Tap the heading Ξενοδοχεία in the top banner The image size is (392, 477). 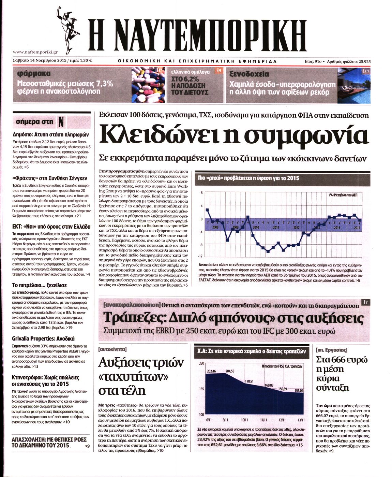[x=249, y=74]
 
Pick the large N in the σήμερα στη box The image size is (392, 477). [x=61, y=122]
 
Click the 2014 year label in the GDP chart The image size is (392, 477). [x=337, y=227]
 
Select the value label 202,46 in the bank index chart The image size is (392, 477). [x=211, y=371]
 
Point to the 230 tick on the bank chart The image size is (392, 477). [x=201, y=364]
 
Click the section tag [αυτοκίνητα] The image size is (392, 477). [x=112, y=349]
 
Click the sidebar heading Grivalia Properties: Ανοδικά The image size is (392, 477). [x=43, y=338]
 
